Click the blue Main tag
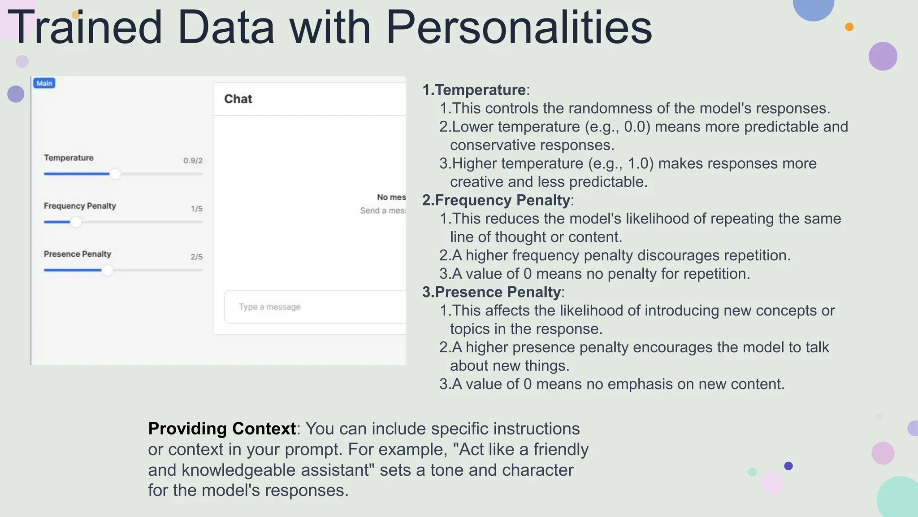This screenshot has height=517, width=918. (x=44, y=83)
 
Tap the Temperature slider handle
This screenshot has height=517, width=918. (x=115, y=174)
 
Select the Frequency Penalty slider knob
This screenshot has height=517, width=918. (x=76, y=222)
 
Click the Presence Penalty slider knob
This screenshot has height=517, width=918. (x=107, y=270)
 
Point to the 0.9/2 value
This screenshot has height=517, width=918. (x=193, y=161)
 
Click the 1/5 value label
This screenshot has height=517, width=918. (x=196, y=209)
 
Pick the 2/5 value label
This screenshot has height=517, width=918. (x=196, y=257)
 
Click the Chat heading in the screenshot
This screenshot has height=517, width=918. (x=238, y=99)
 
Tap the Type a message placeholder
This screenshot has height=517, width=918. (x=269, y=307)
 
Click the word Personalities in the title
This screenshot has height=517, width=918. (x=519, y=28)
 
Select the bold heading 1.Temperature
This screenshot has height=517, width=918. (x=474, y=90)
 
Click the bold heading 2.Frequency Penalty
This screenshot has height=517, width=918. (x=496, y=200)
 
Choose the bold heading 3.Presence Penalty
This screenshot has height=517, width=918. (x=491, y=292)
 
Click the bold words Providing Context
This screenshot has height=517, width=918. (x=222, y=429)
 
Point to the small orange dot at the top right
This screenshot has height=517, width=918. (x=849, y=27)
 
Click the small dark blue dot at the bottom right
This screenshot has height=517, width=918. (x=788, y=466)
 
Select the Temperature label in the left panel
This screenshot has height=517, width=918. (x=69, y=158)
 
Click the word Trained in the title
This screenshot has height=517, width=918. (x=85, y=28)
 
